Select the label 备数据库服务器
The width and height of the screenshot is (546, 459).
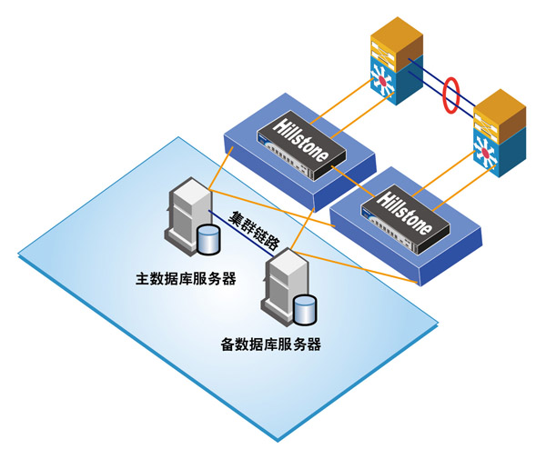(x=271, y=344)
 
